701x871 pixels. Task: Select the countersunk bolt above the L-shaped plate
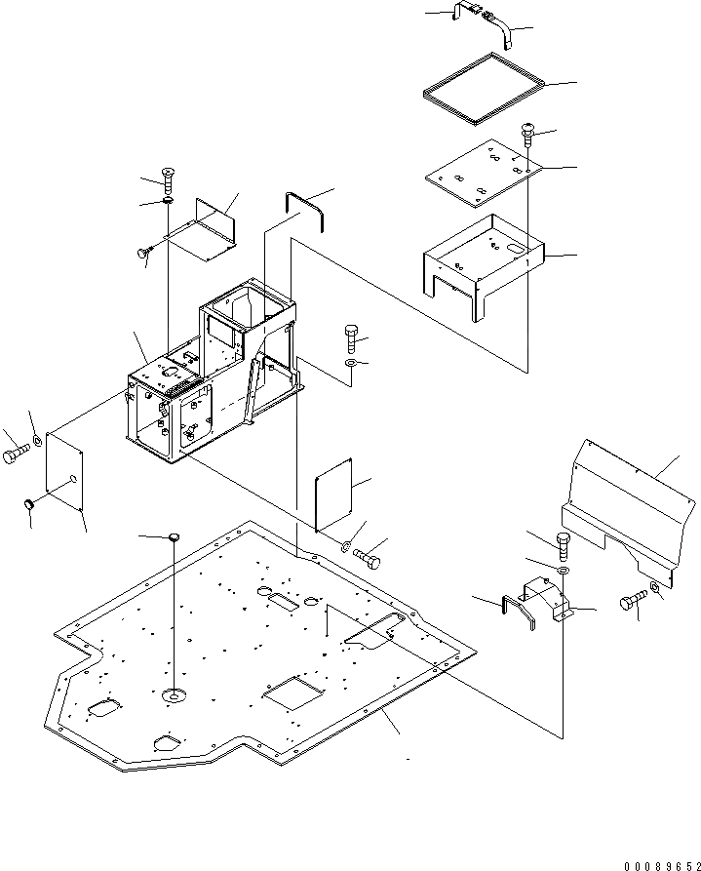(170, 180)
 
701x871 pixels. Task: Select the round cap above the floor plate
(175, 537)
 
